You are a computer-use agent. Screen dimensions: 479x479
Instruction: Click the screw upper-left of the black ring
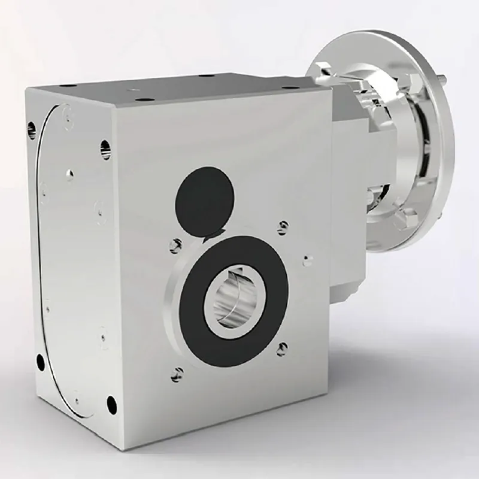175,244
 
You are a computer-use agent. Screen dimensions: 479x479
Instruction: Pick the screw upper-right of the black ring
283,226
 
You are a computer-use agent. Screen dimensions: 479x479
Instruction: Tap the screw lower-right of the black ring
281,347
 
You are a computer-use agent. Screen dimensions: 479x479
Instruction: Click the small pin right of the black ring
308,259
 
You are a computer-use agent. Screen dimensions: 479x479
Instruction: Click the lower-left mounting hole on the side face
40,361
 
